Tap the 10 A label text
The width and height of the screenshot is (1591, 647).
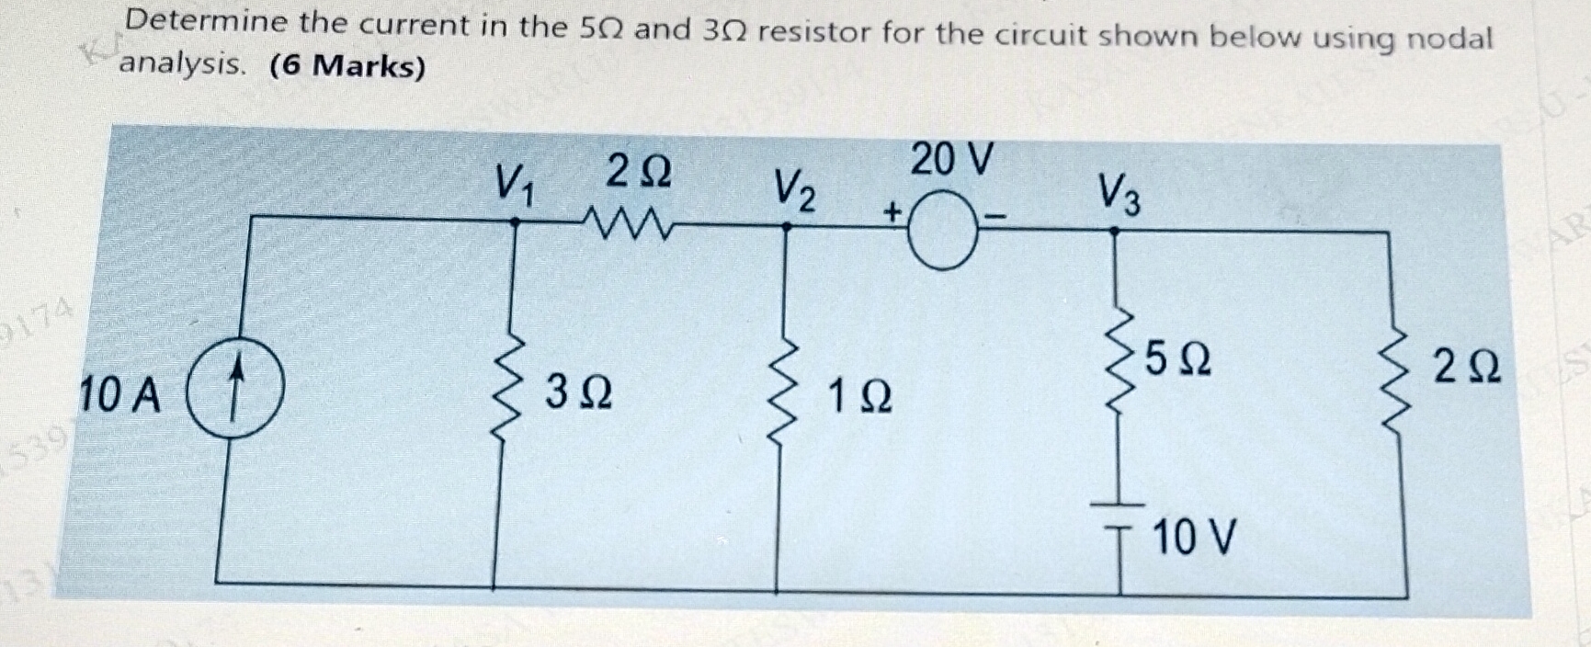[120, 396]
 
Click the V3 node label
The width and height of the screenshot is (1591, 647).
[1119, 196]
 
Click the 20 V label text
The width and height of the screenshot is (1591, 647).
[952, 160]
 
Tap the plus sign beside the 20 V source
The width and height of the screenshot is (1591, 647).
[891, 213]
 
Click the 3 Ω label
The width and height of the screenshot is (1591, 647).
[578, 393]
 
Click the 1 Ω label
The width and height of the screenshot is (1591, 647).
[858, 398]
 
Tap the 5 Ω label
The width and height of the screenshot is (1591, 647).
[1177, 359]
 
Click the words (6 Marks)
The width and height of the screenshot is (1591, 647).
[347, 66]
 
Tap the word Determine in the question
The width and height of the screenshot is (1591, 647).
[207, 22]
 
